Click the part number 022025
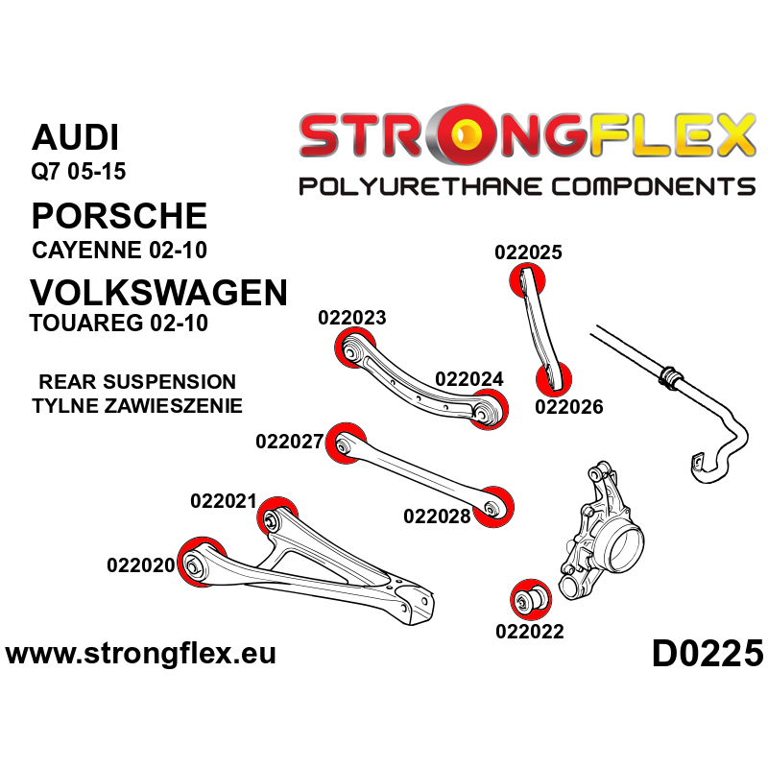click(528, 253)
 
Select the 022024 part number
click(468, 378)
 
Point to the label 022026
click(568, 407)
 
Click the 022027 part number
click(290, 443)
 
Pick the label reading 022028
click(437, 516)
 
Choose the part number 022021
click(224, 501)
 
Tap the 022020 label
click(141, 565)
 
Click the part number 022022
click(529, 631)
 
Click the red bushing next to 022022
click(528, 599)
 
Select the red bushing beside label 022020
click(198, 562)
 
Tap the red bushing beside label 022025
click(526, 279)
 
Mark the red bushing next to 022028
click(496, 507)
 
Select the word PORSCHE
click(119, 213)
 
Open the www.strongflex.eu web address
click(141, 655)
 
